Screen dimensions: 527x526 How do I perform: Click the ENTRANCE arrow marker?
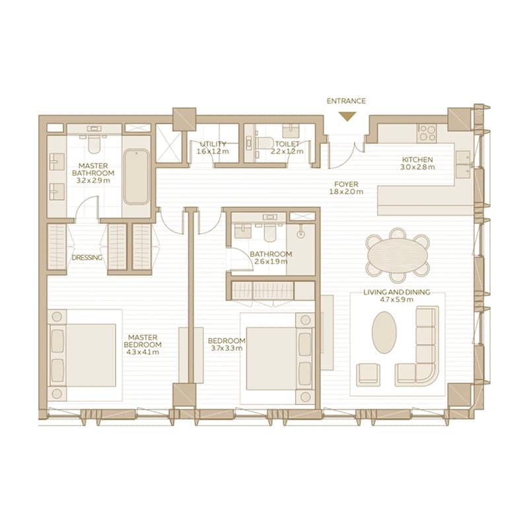pos(347,117)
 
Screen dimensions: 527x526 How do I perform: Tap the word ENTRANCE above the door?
pos(346,101)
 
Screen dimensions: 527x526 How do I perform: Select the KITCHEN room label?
pos(417,159)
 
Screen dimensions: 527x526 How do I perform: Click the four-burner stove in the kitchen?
pos(427,133)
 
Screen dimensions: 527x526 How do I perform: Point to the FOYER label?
pos(346,184)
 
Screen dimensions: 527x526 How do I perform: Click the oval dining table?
pos(398,254)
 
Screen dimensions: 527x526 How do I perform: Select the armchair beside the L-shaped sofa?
pos(369,374)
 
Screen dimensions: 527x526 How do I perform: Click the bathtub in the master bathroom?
pos(136,177)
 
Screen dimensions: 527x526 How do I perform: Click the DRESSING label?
pos(87,258)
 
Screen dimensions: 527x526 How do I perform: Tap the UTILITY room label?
pos(213,144)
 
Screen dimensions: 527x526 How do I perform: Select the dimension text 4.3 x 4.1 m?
pos(143,352)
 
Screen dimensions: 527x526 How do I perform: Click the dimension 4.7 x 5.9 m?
pos(398,299)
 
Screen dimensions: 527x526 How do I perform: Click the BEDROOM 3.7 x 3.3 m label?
pos(227,344)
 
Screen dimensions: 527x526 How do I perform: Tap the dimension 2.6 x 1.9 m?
pos(271,261)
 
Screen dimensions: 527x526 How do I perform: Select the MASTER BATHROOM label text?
pos(93,170)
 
